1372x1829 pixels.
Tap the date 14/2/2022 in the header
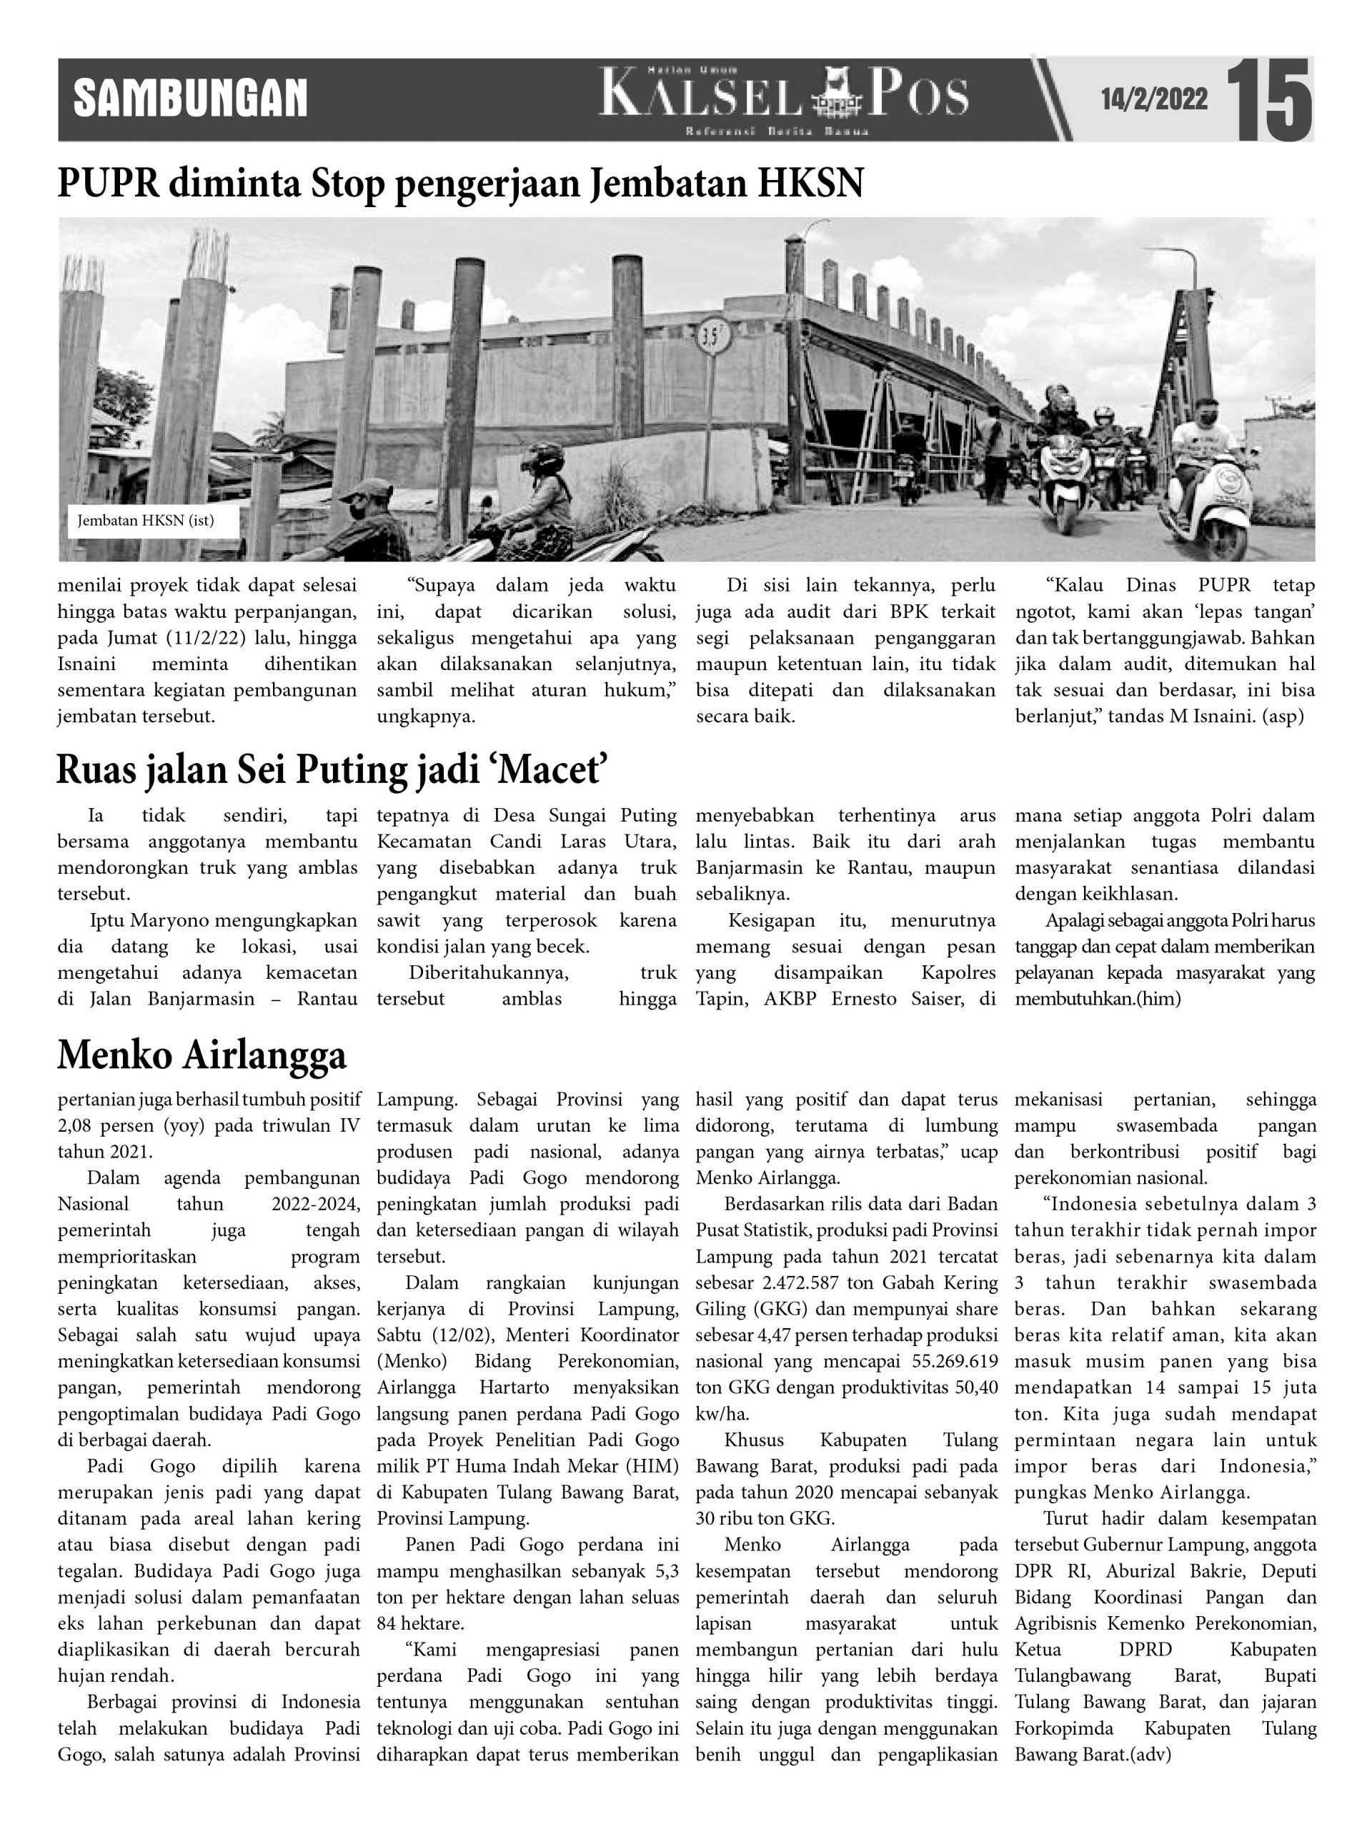click(1153, 100)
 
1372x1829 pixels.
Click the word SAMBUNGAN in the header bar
click(190, 99)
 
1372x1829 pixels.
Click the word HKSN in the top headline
click(810, 184)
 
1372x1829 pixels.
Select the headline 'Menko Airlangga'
click(202, 1055)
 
